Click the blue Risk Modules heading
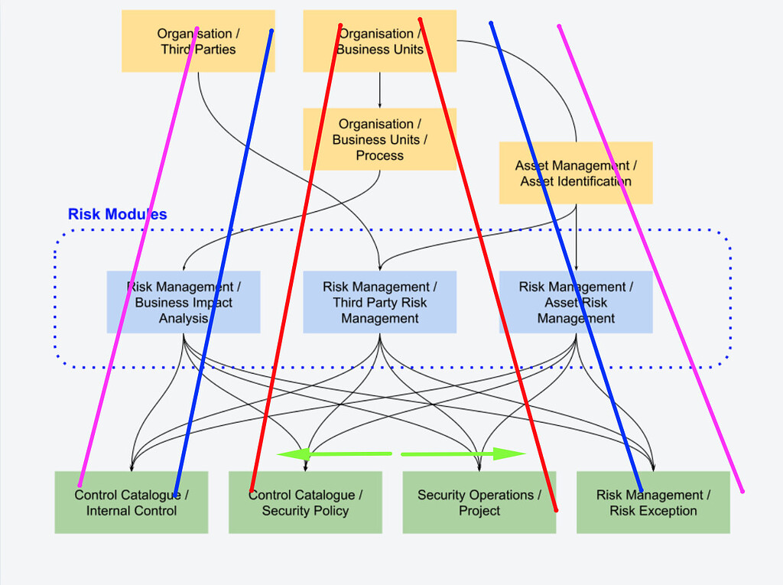[117, 214]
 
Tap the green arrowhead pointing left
[287, 454]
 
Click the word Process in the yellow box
[379, 155]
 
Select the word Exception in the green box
[668, 511]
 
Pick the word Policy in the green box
[330, 511]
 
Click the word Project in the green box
[479, 511]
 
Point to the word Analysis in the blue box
[184, 318]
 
